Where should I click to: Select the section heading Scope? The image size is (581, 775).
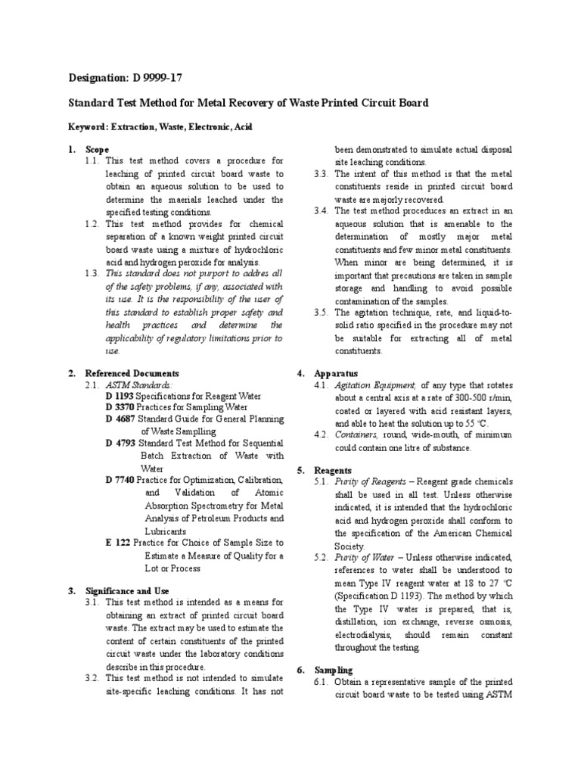coord(97,150)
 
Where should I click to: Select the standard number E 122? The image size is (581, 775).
coord(118,543)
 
